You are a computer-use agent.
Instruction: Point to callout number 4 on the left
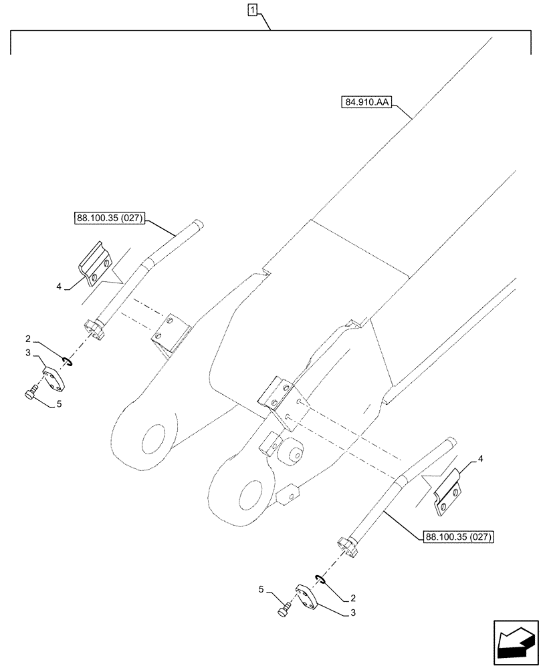(60, 287)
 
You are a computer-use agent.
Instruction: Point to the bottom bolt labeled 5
(284, 610)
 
